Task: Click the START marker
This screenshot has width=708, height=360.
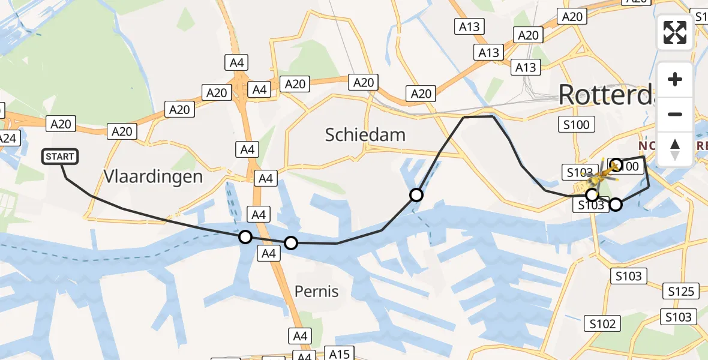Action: coord(60,157)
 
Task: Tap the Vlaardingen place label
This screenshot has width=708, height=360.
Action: coord(153,176)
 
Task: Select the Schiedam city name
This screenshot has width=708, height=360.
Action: coord(365,134)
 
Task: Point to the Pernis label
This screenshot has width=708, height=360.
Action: coord(316,292)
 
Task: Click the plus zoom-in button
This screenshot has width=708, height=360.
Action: coord(675,80)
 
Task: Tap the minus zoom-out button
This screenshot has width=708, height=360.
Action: coord(675,114)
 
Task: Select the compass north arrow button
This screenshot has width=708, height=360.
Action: coord(675,148)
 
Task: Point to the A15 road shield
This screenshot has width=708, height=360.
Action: coord(339,353)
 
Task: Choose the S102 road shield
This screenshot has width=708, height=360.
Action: coord(602,324)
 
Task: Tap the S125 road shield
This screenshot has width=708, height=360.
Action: coord(682,292)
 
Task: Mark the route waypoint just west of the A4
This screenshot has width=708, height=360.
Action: coord(245,237)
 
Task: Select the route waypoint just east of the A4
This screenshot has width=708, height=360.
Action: coord(291,243)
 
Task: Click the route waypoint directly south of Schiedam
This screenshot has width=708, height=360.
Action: coord(416,195)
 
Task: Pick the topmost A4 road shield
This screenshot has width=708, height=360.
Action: coord(236,62)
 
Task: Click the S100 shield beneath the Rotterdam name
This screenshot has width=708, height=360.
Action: coord(576,125)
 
